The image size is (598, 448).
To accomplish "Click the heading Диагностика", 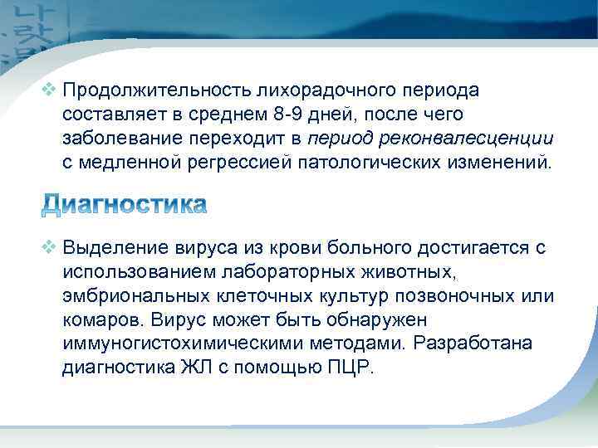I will pyautogui.click(x=124, y=204).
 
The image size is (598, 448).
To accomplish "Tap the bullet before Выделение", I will pyautogui.click(x=49, y=246).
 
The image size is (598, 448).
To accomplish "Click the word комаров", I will pyautogui.click(x=94, y=319).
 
